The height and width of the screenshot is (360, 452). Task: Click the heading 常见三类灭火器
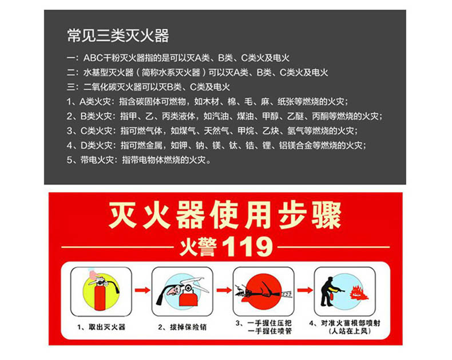pyautogui.click(x=118, y=35)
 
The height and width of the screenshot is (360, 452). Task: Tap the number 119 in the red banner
pyautogui.click(x=248, y=247)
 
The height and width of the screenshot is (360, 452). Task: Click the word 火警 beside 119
pyautogui.click(x=198, y=247)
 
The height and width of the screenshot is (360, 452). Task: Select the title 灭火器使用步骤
pyautogui.click(x=225, y=216)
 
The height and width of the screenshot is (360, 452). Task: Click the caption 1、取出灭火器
pyautogui.click(x=101, y=327)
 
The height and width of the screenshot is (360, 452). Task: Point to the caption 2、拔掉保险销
pyautogui.click(x=182, y=327)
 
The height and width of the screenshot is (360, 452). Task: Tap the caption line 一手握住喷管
pyautogui.click(x=269, y=331)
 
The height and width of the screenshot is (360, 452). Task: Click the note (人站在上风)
pyautogui.click(x=350, y=331)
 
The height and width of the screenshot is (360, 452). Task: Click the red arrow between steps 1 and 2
pyautogui.click(x=142, y=290)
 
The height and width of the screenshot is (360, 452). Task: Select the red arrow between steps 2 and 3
pyautogui.click(x=224, y=290)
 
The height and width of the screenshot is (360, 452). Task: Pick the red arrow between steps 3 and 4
pyautogui.click(x=305, y=290)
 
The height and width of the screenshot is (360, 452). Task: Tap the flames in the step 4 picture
pyautogui.click(x=358, y=292)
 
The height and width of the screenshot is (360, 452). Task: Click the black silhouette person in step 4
pyautogui.click(x=328, y=292)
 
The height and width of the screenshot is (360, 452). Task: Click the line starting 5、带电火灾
pyautogui.click(x=138, y=160)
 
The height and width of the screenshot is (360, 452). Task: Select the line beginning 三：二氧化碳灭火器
pyautogui.click(x=148, y=87)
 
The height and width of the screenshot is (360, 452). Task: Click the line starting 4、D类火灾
pyautogui.click(x=216, y=145)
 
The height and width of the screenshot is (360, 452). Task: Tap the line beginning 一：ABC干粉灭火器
pyautogui.click(x=178, y=58)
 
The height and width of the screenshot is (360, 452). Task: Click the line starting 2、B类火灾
pyautogui.click(x=225, y=116)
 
